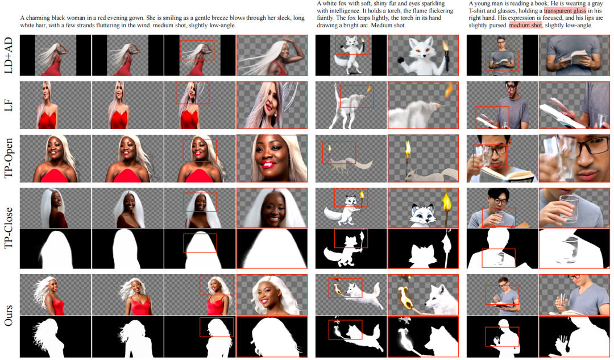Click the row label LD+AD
tap(8, 55)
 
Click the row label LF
tap(8, 105)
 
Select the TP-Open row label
tap(8, 158)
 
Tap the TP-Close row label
tap(8, 227)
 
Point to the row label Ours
tap(8, 315)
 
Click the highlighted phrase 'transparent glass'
tap(565, 11)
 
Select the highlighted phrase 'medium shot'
tap(525, 25)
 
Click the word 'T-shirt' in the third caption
tap(478, 11)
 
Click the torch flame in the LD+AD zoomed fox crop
tap(446, 47)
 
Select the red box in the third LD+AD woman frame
tap(197, 50)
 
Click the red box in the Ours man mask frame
tap(502, 337)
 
